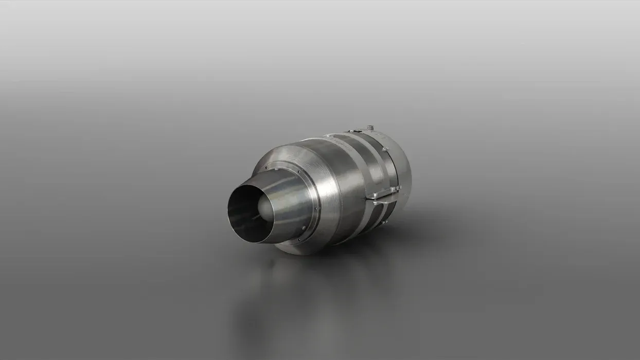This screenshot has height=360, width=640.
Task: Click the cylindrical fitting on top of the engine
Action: (x=369, y=126)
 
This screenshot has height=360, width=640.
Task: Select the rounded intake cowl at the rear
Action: (x=404, y=165)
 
